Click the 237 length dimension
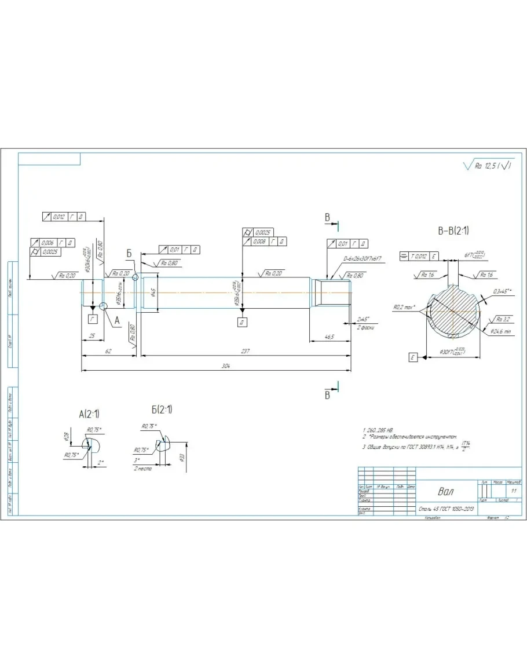[x=246, y=352]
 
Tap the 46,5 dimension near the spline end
[x=330, y=336]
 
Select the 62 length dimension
[x=108, y=352]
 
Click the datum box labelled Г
[x=92, y=319]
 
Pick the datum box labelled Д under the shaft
[x=242, y=322]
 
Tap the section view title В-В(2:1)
[x=453, y=231]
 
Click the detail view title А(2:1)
[x=89, y=414]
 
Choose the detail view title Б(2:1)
[x=162, y=410]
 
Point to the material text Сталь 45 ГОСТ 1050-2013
[x=447, y=509]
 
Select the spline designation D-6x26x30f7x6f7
[x=363, y=258]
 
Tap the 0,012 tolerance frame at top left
[x=64, y=216]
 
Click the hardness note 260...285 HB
[x=378, y=430]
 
